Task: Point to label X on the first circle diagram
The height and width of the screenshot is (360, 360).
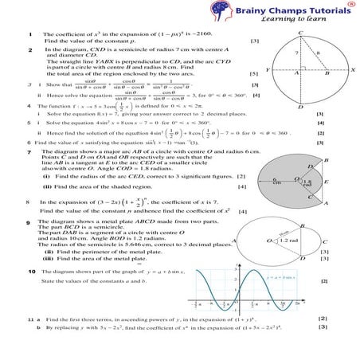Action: tap(352, 70)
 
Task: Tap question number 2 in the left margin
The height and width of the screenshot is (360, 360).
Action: tap(29, 50)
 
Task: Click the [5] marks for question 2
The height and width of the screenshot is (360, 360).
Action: tap(242, 72)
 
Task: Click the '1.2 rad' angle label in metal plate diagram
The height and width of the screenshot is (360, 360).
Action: tap(289, 240)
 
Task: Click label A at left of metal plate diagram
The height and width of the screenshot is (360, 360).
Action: tap(232, 239)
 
